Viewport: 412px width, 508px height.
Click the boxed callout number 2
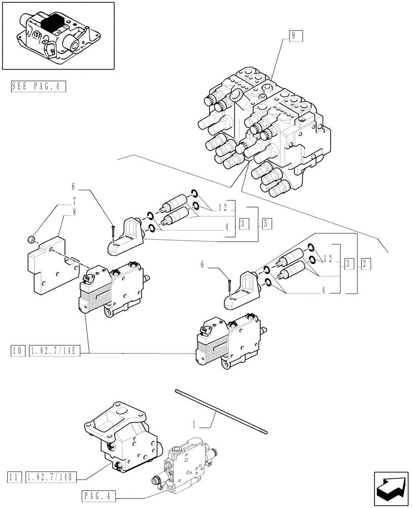366,263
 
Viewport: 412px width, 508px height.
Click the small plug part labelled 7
30,239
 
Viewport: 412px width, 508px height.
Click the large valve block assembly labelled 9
264,127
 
